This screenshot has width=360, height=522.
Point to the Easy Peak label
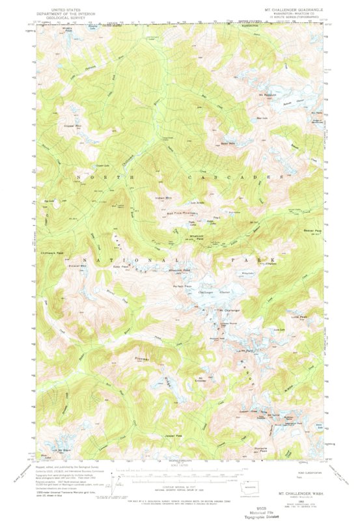(x=121, y=266)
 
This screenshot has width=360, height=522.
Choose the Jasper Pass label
(x=173, y=435)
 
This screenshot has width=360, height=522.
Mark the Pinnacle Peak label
(x=261, y=448)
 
